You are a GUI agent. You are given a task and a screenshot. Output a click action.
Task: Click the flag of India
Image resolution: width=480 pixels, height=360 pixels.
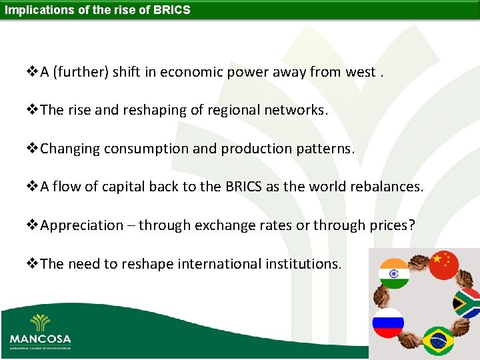[x=394, y=273]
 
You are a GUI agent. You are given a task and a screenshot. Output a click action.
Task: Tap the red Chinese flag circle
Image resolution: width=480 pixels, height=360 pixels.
[x=444, y=265]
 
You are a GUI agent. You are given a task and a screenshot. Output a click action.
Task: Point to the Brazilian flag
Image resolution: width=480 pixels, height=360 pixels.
[x=438, y=341]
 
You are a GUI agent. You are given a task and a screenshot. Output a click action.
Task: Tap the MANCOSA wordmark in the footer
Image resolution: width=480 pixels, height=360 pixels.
[x=40, y=339]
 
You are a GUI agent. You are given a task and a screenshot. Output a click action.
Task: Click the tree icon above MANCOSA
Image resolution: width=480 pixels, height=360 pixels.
[x=40, y=323]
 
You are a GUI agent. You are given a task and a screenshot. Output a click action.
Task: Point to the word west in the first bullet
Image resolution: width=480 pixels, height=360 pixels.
[x=360, y=73]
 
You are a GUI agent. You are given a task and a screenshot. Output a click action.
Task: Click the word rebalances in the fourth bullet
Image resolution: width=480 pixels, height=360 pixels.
[x=388, y=187]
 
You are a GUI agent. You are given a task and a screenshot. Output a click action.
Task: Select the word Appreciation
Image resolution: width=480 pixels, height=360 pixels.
[x=81, y=225]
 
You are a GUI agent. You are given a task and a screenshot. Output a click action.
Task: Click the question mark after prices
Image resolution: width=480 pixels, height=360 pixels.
[x=411, y=225]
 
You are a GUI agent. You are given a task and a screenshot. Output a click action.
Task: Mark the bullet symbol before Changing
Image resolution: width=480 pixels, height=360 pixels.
[x=33, y=149]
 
